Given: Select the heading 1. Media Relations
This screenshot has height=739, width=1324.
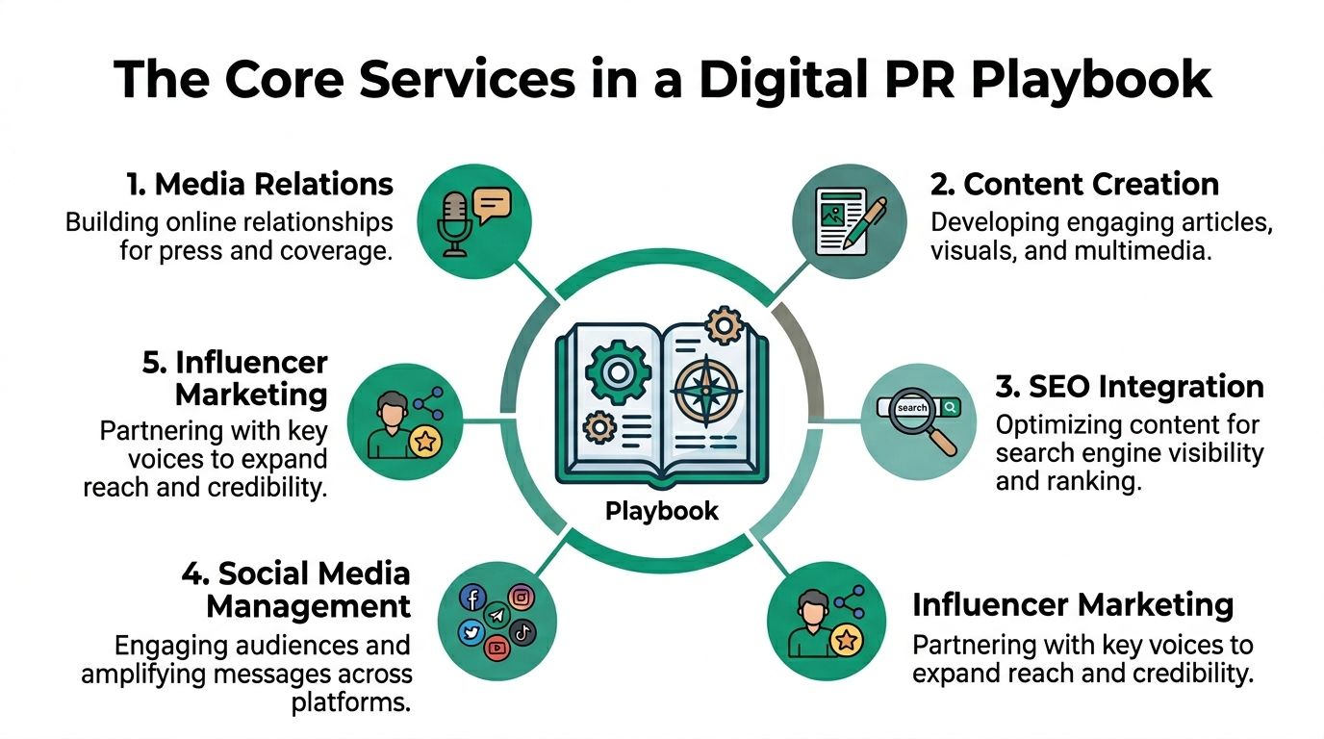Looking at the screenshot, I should pyautogui.click(x=260, y=184).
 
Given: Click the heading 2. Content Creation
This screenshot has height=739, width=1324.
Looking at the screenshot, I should pyautogui.click(x=1075, y=184).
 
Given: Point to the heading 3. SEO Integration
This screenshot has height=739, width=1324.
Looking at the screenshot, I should pyautogui.click(x=1130, y=387).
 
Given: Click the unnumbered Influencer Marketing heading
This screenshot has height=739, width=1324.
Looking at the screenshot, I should pyautogui.click(x=1073, y=605).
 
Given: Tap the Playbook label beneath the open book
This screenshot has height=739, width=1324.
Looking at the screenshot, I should pyautogui.click(x=662, y=511).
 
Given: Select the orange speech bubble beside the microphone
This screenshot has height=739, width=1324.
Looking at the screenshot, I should pyautogui.click(x=493, y=204).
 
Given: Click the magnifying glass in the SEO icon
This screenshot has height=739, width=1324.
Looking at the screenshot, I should pyautogui.click(x=925, y=420).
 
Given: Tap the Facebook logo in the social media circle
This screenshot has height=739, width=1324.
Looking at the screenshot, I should pyautogui.click(x=472, y=598).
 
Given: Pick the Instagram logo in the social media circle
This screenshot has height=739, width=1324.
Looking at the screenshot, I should pyautogui.click(x=521, y=598).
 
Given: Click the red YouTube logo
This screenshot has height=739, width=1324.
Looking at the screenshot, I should pyautogui.click(x=496, y=648).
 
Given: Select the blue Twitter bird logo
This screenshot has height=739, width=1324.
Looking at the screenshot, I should pyautogui.click(x=471, y=632).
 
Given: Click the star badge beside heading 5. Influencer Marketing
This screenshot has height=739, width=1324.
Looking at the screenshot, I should pyautogui.click(x=426, y=442).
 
